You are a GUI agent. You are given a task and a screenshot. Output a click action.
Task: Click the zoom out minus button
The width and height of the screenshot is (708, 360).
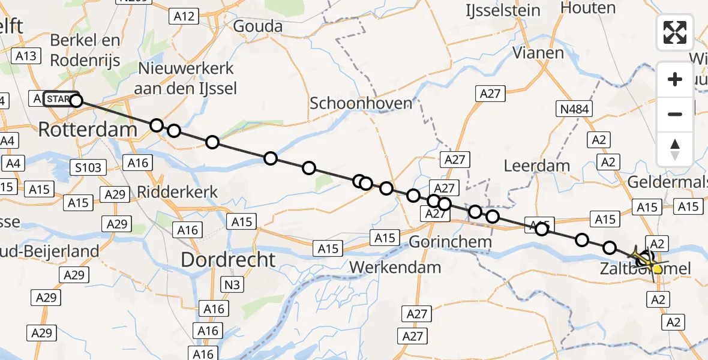click(675, 114)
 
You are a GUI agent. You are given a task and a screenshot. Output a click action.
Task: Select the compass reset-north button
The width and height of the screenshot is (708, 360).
click(675, 149)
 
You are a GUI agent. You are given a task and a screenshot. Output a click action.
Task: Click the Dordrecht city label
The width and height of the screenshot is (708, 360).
click(229, 260)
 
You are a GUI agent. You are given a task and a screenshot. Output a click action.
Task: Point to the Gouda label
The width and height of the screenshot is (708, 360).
click(257, 26)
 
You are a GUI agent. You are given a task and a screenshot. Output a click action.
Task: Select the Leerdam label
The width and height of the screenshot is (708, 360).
click(536, 166)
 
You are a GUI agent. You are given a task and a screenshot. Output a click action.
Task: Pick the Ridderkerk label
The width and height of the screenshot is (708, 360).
click(178, 192)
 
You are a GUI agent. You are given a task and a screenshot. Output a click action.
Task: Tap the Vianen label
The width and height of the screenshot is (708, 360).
click(538, 53)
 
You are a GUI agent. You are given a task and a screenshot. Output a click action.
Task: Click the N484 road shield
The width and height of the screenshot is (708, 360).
click(574, 109)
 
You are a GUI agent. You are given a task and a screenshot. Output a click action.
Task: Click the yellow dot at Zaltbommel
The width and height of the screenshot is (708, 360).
click(658, 269)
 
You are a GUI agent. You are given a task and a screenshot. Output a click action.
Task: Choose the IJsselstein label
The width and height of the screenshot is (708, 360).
click(503, 10)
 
